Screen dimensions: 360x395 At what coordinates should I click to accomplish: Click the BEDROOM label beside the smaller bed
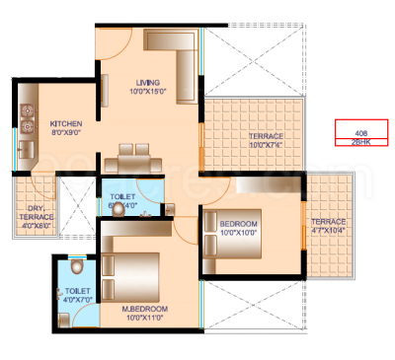238,226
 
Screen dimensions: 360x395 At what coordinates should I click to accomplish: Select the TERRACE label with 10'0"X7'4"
266,136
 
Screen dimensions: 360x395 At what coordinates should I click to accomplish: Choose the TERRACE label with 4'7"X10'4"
328,222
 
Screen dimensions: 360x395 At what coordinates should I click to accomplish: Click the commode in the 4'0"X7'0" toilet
78,267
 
